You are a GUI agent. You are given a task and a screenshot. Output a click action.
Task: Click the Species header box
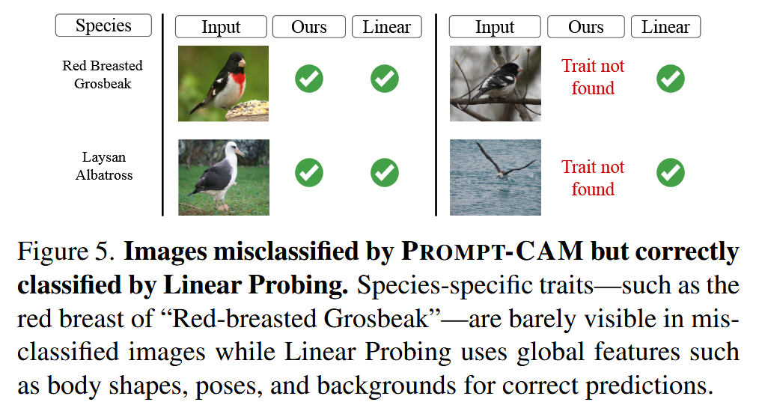103,25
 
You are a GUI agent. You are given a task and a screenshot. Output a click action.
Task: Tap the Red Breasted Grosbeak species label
103,75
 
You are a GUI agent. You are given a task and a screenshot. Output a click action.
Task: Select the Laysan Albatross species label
103,166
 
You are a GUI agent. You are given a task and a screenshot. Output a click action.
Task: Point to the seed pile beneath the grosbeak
248,110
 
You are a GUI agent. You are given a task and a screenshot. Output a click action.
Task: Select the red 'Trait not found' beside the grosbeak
593,77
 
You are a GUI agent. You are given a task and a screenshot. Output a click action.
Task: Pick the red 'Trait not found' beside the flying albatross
593,177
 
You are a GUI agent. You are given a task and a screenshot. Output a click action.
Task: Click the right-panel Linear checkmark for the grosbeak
671,79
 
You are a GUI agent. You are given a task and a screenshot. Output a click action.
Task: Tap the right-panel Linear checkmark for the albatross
671,172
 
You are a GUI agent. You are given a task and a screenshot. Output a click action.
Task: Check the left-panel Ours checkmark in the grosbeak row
309,79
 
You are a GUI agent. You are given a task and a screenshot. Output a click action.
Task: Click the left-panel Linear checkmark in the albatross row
385,172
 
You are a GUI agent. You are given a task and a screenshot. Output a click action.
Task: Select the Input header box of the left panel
221,27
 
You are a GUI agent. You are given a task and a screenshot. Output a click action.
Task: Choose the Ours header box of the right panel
585,27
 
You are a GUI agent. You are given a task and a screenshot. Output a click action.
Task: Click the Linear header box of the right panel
665,27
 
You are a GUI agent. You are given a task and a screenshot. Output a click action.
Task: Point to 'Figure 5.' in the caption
67,252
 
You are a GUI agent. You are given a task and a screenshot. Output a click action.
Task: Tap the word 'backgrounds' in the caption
386,386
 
